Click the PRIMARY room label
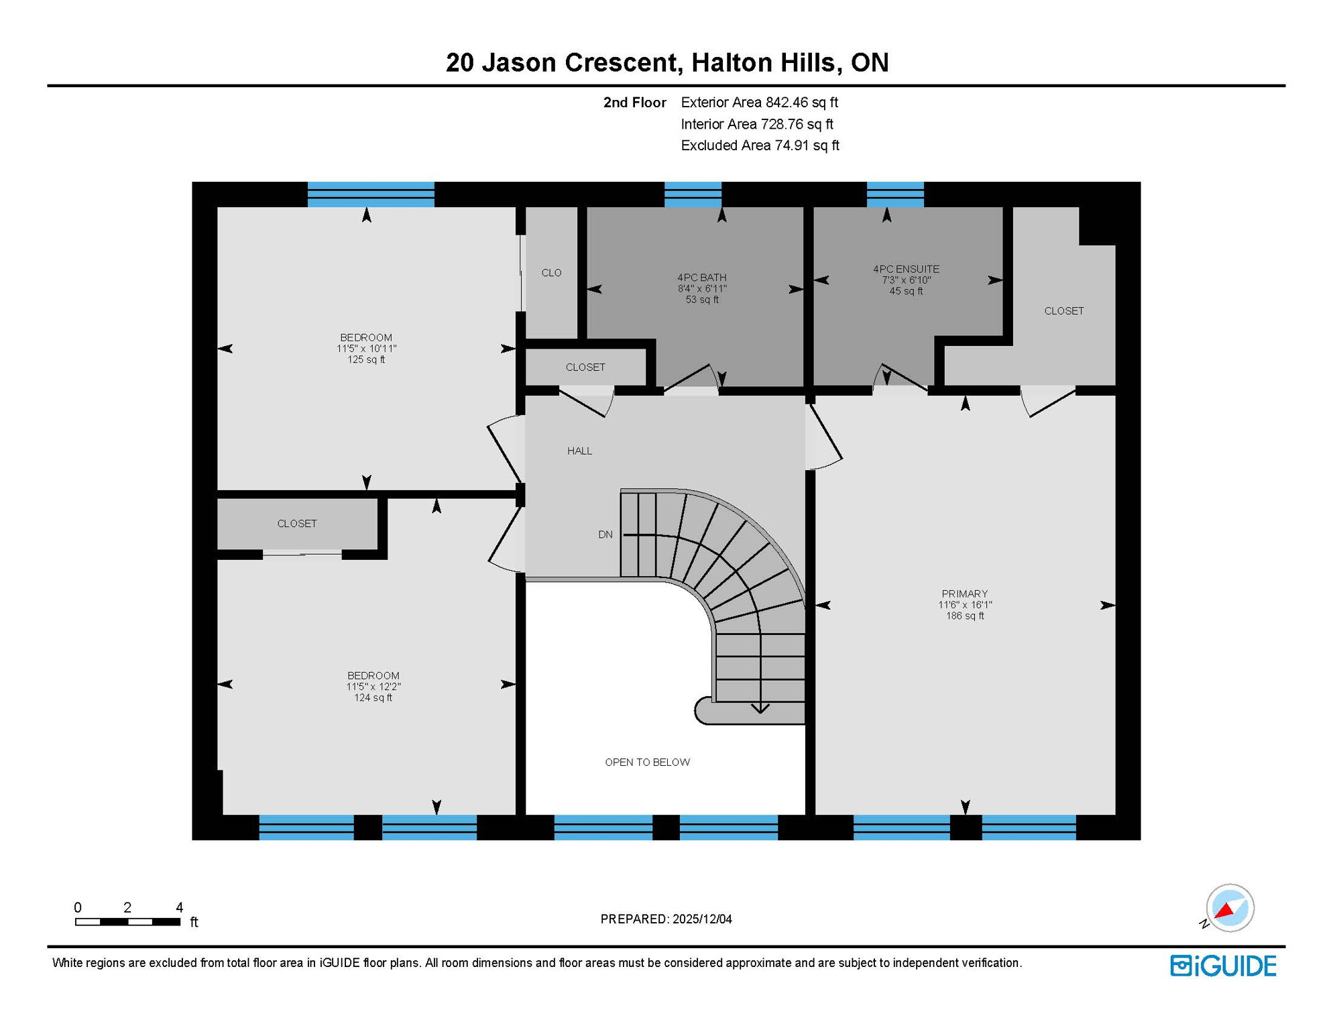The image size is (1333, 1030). coord(964,593)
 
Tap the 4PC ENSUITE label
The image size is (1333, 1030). coord(906,269)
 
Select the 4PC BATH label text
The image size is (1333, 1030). coord(701,278)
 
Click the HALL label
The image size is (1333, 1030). coord(579,451)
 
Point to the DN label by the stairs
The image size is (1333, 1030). coord(605,534)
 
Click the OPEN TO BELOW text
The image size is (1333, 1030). coord(647,762)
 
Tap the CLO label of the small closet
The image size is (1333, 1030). coord(551,272)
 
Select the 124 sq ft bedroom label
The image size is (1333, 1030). coord(373,697)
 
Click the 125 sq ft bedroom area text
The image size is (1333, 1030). coord(365,359)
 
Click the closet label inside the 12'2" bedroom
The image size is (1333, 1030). coord(297,523)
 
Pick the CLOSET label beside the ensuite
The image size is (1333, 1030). coord(1063,310)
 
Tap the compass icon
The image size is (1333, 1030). coord(1229,908)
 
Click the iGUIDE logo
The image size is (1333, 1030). coord(1223,966)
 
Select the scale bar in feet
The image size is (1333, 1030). coord(127,921)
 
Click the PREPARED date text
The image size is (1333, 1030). coord(666,919)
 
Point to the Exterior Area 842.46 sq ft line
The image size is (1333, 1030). coord(759,103)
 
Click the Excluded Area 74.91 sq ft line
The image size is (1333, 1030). coord(759,146)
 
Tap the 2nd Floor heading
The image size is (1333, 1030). coord(634,103)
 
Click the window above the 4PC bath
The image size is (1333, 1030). coord(693,194)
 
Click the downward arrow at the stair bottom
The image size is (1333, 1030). coord(760,707)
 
